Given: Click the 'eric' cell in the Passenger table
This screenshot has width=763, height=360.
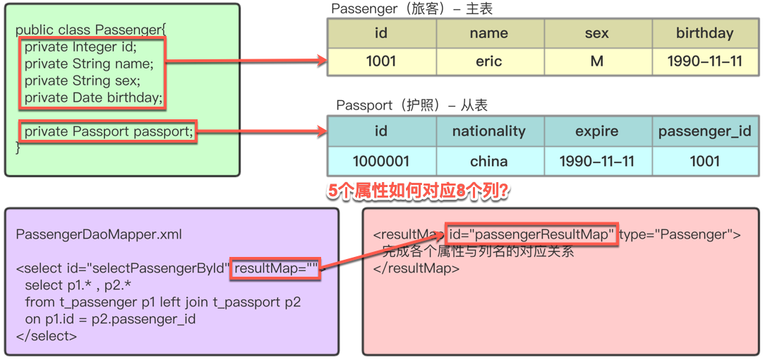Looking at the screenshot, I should tap(488, 61).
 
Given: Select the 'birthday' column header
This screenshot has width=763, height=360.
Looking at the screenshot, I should tap(704, 33).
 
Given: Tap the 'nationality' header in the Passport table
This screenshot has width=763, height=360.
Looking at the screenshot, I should tap(488, 131).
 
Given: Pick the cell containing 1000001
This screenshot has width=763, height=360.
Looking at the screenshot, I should tap(381, 161).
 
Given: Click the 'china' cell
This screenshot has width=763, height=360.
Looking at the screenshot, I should tap(488, 161).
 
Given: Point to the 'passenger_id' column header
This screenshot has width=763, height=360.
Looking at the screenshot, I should tap(704, 131).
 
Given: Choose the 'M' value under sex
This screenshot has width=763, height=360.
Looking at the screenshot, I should tap(596, 61).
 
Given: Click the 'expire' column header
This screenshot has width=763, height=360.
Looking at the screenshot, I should tap(596, 131).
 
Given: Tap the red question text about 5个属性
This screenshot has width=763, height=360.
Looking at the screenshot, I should tap(419, 191).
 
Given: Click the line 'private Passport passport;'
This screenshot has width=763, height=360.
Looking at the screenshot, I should tap(109, 131).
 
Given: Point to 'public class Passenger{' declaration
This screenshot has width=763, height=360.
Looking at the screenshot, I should tap(90, 30).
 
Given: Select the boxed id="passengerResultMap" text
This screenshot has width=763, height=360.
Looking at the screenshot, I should tap(531, 235).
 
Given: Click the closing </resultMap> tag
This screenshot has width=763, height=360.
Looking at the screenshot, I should tap(416, 269).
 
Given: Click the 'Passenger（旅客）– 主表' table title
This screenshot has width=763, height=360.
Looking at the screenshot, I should tap(411, 9).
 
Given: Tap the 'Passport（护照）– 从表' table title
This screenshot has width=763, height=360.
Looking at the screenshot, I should tap(411, 105).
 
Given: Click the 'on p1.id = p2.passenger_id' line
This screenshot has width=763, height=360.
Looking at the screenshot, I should tap(110, 319).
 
